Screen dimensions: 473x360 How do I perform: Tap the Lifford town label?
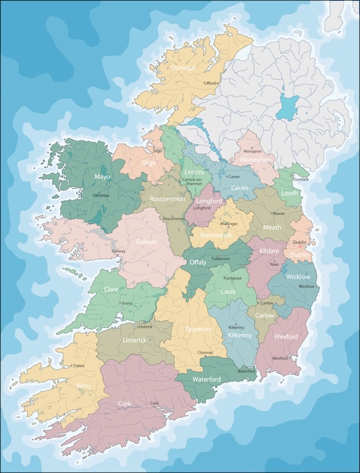coord(210,83)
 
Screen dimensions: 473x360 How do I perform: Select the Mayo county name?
coord(102,177)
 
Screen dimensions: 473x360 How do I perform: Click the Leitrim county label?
coord(194,172)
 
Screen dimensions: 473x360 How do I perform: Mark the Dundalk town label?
coord(300,180)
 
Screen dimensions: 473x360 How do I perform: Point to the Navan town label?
coord(279,214)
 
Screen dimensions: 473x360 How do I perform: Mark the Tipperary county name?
coord(198,329)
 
